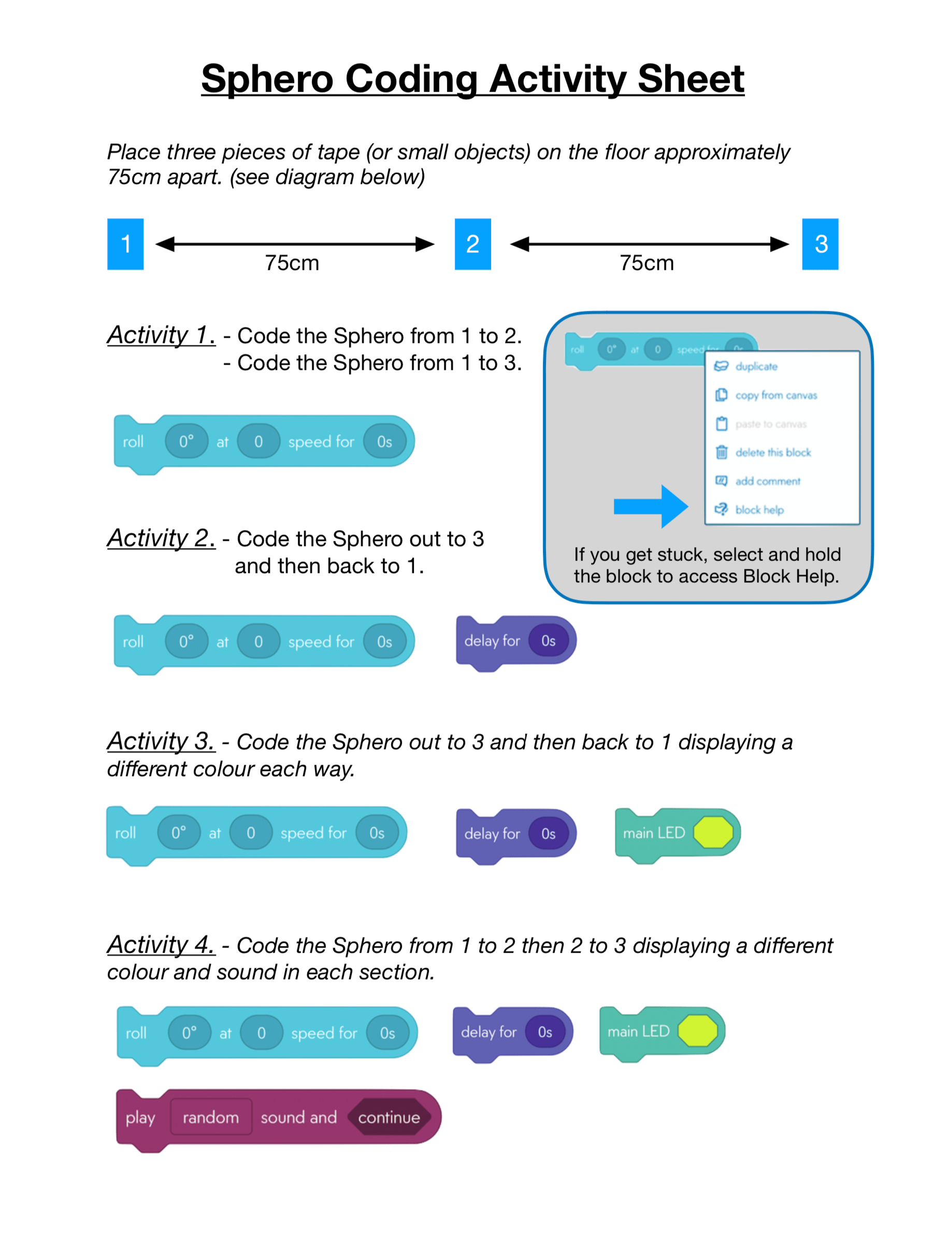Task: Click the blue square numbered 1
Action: coord(125,244)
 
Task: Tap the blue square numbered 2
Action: coord(472,244)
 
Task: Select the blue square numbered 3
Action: coord(819,244)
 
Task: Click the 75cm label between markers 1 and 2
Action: coord(292,263)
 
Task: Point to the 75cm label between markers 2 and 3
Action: coord(646,263)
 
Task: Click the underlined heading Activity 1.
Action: coord(161,335)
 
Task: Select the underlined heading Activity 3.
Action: coord(161,741)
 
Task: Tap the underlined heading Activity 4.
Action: coord(161,944)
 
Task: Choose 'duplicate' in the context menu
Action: coord(756,366)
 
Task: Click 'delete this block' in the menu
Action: coord(772,452)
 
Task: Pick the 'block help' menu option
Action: coord(759,510)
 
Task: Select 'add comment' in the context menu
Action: coord(767,481)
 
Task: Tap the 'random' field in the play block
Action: coord(211,1117)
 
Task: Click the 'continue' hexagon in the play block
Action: coord(389,1117)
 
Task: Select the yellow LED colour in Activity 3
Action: coord(713,832)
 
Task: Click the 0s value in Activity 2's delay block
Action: coord(548,641)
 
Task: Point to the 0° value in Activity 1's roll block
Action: coord(186,441)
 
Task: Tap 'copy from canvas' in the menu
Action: coord(775,395)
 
